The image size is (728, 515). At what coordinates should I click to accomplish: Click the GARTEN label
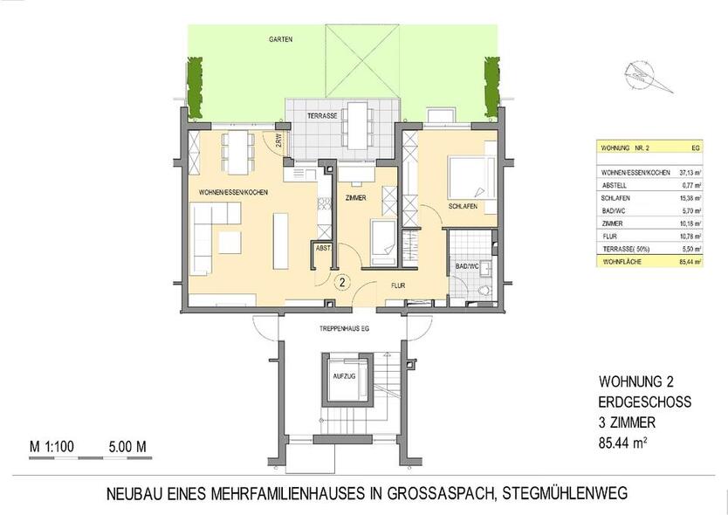pyautogui.click(x=280, y=40)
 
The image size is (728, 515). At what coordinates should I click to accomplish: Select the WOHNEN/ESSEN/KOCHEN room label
pyautogui.click(x=233, y=192)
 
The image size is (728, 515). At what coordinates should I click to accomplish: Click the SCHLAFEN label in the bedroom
pyautogui.click(x=462, y=207)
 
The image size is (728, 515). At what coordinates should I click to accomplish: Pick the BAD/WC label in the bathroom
pyautogui.click(x=466, y=265)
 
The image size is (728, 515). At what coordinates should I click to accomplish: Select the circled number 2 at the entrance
pyautogui.click(x=343, y=282)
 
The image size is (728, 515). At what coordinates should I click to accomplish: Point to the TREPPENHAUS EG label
pyautogui.click(x=343, y=329)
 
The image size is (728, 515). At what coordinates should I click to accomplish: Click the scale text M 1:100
pyautogui.click(x=52, y=447)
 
